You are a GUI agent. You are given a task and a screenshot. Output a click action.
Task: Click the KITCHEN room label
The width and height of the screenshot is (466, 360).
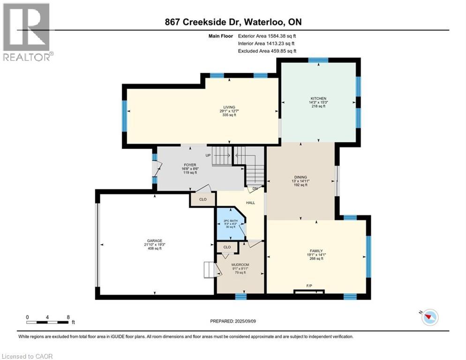click(318, 98)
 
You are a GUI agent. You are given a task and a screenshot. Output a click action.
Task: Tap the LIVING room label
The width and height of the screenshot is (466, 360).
click(229, 107)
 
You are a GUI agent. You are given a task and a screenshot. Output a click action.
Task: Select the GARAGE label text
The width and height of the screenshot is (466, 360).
click(155, 240)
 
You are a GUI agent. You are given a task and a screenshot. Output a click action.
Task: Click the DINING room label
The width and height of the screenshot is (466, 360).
click(301, 177)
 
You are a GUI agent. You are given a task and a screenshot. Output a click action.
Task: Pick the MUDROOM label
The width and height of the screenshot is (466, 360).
click(240, 265)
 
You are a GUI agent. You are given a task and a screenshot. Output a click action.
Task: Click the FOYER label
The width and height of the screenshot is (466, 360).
click(189, 164)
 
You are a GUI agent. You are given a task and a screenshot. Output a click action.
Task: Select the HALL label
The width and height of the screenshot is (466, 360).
click(250, 203)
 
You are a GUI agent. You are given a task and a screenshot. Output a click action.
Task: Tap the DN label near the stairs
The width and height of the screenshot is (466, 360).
click(255, 189)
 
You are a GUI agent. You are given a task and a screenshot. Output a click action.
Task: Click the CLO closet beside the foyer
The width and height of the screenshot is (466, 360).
click(203, 199)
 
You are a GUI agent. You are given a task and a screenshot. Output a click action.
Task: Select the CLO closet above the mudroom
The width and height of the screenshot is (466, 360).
click(227, 247)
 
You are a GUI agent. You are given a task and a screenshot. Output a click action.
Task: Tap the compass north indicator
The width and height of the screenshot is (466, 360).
click(429, 317)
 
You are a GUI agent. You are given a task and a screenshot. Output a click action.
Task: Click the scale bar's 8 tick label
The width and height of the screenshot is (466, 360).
click(68, 317)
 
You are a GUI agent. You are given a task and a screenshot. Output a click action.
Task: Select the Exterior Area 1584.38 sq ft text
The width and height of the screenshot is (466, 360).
click(267, 36)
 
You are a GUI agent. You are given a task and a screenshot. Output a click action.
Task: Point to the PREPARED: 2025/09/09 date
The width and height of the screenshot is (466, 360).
click(233, 321)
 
